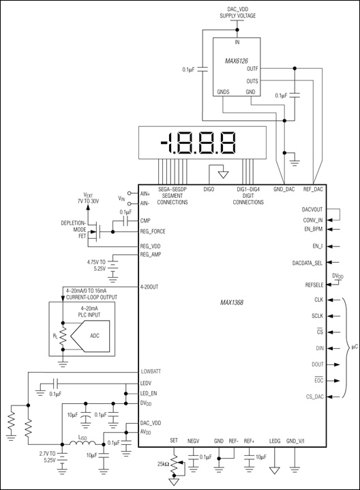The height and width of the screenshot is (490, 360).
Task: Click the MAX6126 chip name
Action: tap(237, 61)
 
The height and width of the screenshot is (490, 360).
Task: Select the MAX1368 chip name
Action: tap(231, 302)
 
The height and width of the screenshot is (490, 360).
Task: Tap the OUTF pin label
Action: tap(252, 69)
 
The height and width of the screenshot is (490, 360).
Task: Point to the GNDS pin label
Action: tap(223, 92)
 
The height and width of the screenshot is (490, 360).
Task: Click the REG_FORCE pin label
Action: tap(153, 231)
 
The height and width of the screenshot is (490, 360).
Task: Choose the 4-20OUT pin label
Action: tap(149, 287)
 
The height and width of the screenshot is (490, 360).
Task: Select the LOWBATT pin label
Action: tap(151, 371)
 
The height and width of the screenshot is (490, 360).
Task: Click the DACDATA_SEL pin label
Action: tap(307, 263)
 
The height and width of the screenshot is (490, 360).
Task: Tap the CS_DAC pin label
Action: tap(315, 397)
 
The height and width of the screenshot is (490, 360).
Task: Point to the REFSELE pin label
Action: tap(314, 285)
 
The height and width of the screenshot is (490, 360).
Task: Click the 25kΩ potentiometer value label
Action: tap(164, 464)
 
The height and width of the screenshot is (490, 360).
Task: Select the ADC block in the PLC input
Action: tap(90, 336)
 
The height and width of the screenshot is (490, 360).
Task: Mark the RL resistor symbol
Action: tap(63, 336)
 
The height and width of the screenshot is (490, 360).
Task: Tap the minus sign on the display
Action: tap(164, 143)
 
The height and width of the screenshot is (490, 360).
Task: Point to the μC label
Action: tap(353, 347)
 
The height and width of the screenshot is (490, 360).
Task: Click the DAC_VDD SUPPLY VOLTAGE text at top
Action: tap(237, 13)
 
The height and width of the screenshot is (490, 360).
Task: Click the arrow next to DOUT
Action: tap(336, 364)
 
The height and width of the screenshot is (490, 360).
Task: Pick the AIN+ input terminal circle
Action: tap(130, 193)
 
